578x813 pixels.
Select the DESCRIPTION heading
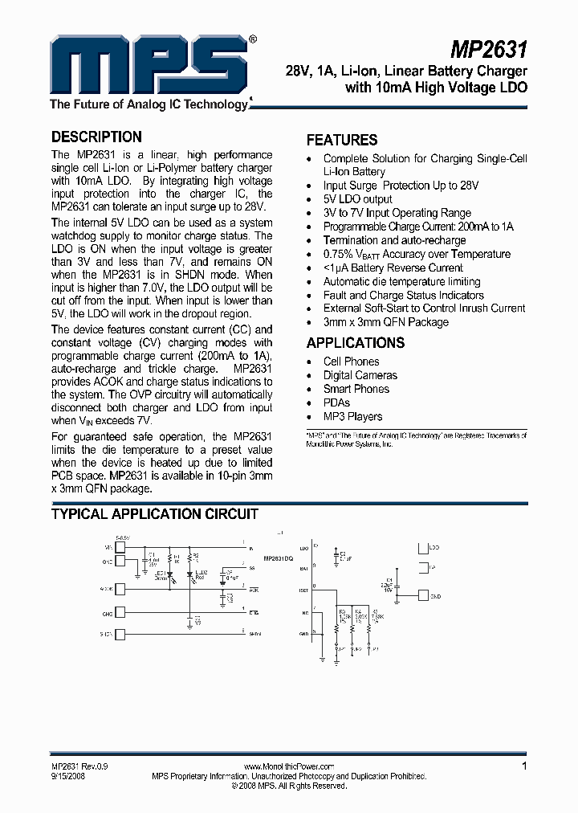point(96,137)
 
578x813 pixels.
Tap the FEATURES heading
point(342,140)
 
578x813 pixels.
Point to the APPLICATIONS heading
point(356,343)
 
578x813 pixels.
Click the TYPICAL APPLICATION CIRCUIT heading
point(155,514)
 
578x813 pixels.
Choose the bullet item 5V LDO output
point(358,199)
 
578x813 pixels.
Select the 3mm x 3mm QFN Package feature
point(386,322)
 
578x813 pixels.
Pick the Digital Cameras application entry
point(360,375)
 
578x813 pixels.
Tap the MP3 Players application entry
point(353,416)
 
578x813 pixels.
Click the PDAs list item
point(337,402)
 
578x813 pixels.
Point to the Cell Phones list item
point(351,362)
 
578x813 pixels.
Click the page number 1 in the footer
point(525,766)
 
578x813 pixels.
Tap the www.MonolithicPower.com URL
point(289,767)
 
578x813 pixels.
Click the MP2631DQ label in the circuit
point(279,556)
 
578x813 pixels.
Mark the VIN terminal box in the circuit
point(120,547)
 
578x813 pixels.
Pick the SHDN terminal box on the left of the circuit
point(120,635)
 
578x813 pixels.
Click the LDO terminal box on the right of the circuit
point(422,548)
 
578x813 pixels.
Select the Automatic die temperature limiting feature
point(402,281)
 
